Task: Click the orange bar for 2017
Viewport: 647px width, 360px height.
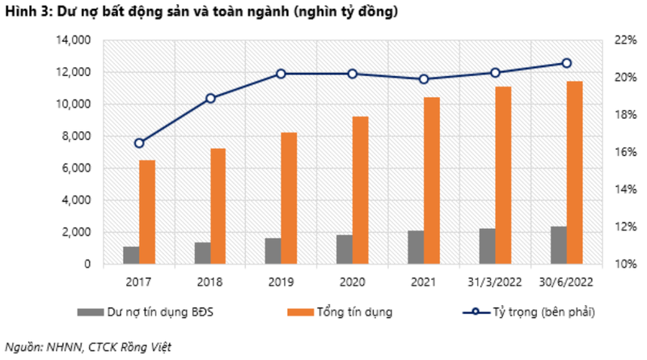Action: (x=146, y=212)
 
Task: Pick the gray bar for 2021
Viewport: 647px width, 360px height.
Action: (x=415, y=247)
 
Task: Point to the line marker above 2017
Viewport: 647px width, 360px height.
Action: (x=139, y=143)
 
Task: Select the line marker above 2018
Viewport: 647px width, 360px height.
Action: (x=210, y=99)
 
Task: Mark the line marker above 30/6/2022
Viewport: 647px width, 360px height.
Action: (x=566, y=63)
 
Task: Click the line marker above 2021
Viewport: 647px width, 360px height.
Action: (x=424, y=79)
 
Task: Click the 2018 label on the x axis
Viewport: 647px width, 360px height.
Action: (x=210, y=282)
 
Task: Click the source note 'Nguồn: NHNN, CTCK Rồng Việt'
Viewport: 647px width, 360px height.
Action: (x=89, y=346)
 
